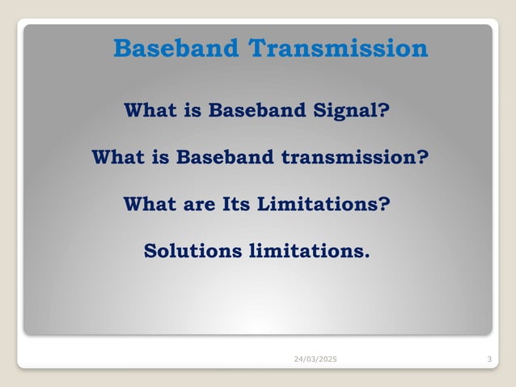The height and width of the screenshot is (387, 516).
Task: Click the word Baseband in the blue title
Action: [176, 49]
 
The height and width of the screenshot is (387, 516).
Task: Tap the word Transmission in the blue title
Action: [337, 49]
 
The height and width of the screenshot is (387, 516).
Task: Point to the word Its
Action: [238, 203]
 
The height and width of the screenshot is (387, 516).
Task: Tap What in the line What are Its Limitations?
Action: [151, 203]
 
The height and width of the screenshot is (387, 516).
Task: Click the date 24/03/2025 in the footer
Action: [315, 359]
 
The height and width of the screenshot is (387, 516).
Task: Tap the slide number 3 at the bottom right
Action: [490, 359]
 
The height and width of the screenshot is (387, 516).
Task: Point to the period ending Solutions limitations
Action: [366, 256]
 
